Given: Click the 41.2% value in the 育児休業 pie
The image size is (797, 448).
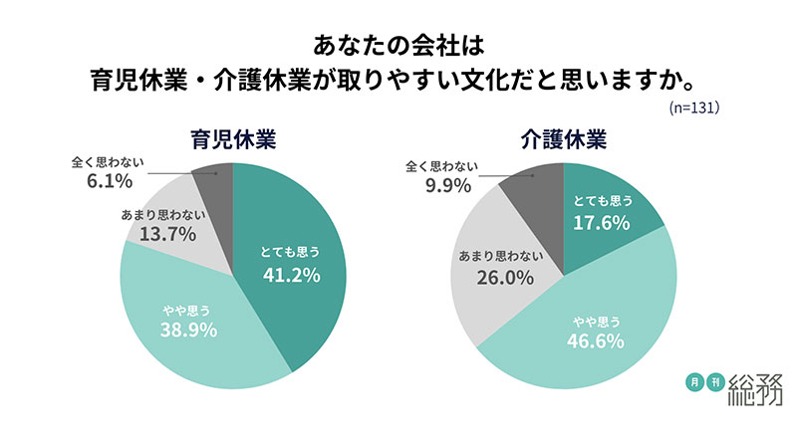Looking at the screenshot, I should pyautogui.click(x=291, y=275).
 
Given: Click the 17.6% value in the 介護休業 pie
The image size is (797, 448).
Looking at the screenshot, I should pyautogui.click(x=601, y=223).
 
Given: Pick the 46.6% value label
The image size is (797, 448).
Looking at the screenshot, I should pyautogui.click(x=596, y=341).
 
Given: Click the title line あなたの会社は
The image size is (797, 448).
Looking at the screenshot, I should pyautogui.click(x=398, y=45).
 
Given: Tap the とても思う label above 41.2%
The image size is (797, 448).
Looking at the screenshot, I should pyautogui.click(x=291, y=250).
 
